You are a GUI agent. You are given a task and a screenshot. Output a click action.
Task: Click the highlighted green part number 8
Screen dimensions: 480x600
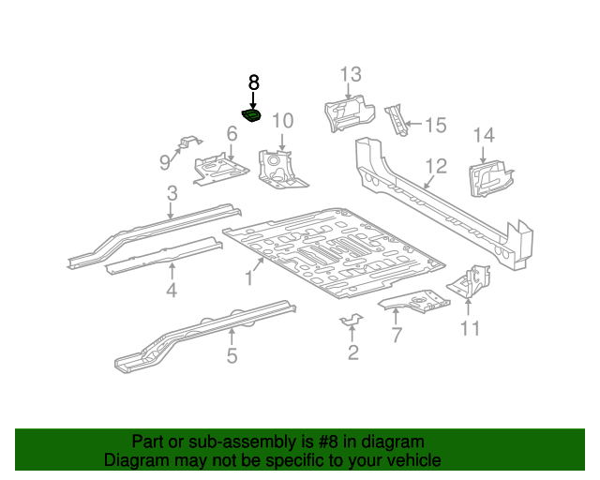252,116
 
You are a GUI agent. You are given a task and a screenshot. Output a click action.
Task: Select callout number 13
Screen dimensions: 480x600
350,74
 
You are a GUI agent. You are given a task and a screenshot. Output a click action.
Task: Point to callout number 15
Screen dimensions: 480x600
436,126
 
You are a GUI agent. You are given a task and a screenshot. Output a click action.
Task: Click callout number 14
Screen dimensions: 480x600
483,136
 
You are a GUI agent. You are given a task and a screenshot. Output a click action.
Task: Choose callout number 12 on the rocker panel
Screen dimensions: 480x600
436,166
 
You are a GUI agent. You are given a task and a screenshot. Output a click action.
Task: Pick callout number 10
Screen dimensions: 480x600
282,120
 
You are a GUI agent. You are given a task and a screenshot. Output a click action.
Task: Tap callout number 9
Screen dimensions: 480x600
166,162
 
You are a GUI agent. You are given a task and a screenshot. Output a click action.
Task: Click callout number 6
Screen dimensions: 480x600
231,134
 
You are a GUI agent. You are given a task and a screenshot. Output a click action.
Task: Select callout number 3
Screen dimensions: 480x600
172,194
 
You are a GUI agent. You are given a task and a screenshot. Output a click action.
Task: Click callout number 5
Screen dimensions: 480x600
232,355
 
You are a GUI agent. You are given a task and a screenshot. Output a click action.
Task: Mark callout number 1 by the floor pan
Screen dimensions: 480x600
249,277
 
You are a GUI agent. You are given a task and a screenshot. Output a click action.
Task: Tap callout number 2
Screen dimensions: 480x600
352,352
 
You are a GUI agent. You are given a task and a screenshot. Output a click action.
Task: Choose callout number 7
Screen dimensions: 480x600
396,335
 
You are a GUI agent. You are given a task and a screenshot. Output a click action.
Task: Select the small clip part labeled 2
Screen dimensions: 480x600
351,322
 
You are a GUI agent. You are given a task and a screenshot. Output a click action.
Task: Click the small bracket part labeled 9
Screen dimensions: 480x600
188,142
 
